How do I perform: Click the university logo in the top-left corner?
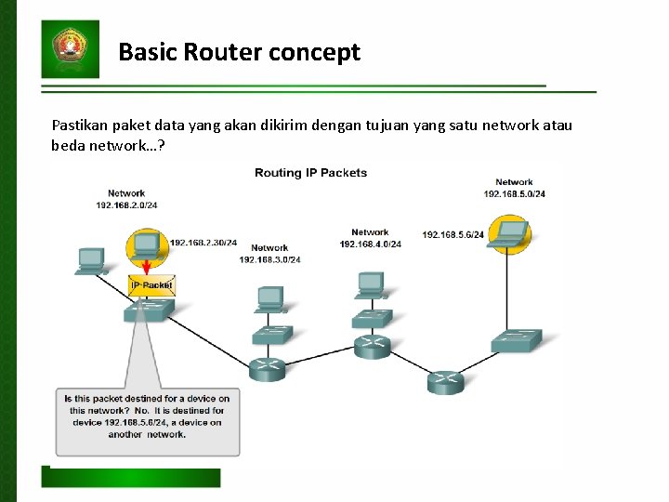click(x=70, y=48)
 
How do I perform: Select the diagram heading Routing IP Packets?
click(x=310, y=173)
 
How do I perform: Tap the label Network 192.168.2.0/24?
click(x=126, y=199)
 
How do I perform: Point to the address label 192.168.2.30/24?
click(x=203, y=243)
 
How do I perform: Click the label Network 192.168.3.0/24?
click(x=269, y=254)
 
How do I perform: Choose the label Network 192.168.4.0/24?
click(x=370, y=238)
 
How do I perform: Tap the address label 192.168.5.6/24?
click(x=453, y=235)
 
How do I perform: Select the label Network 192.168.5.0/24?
click(x=514, y=189)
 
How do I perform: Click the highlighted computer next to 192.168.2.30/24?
click(x=145, y=246)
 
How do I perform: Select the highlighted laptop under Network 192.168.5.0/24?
click(x=509, y=233)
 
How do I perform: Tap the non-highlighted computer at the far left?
click(x=91, y=261)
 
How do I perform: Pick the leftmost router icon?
click(x=268, y=369)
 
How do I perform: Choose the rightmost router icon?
click(x=446, y=381)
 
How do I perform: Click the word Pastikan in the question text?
click(x=78, y=125)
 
